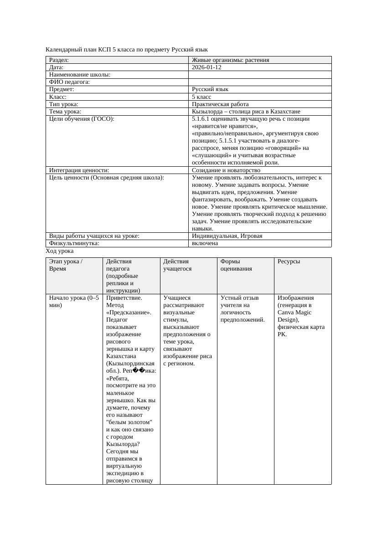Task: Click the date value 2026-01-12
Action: pos(207,67)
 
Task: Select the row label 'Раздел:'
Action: pos(59,60)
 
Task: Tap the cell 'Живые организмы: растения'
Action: pos(230,60)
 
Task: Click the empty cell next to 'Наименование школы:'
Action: pos(260,75)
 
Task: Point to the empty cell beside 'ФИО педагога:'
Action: pos(260,82)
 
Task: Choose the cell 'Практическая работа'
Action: pos(220,104)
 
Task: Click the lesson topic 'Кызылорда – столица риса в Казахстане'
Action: pos(246,112)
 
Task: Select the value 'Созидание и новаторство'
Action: pos(226,170)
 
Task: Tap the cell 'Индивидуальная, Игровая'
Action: pos(227,236)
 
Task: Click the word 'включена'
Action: pos(205,243)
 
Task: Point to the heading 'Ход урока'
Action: pos(60,251)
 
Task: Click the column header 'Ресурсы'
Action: pos(289,261)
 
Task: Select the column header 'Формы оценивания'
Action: pos(236,265)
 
